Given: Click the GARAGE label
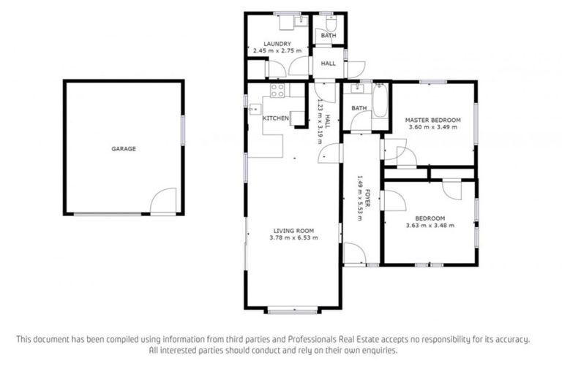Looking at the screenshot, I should point(124,149).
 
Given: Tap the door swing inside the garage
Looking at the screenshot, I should point(164,200).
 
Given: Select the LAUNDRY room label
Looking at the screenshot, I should point(277,44).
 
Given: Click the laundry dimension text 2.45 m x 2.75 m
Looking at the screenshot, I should point(277,51).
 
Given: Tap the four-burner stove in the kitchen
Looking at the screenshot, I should point(277,91).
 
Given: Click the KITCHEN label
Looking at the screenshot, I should point(276,118).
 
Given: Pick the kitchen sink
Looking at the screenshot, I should point(253,110).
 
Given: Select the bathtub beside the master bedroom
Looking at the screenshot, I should point(380,102).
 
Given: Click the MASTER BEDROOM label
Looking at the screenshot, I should point(433,120).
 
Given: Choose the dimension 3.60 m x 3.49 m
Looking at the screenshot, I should point(433,127).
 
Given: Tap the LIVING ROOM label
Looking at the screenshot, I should point(293,229).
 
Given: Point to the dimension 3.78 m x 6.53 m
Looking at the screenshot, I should point(293,237).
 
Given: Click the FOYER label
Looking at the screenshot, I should point(368,197).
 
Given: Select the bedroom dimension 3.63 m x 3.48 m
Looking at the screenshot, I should point(430,225).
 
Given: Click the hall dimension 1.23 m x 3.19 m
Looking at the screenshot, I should point(320,122).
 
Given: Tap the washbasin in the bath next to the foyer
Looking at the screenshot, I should point(358,89).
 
